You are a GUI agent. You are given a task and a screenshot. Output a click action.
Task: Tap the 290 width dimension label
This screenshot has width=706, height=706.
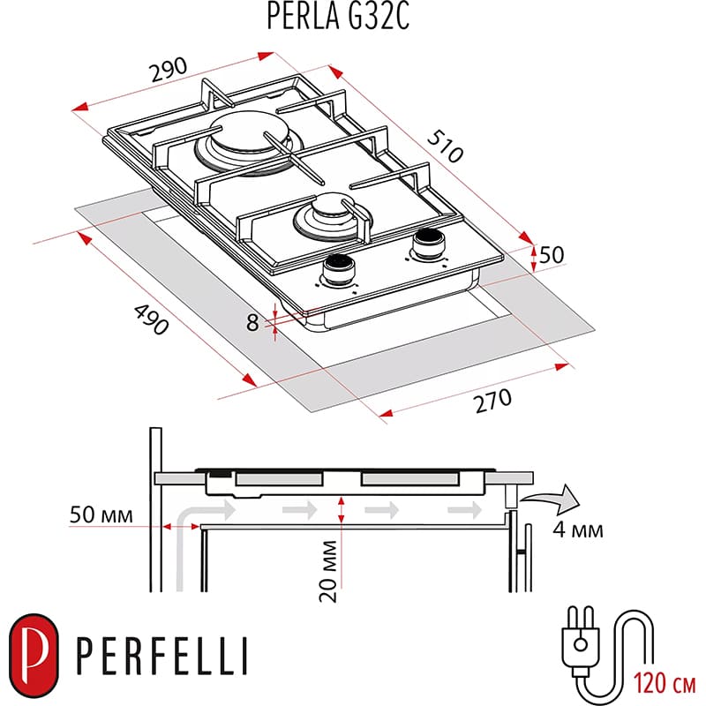169,68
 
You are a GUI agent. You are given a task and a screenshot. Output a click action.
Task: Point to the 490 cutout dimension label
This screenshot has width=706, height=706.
150,320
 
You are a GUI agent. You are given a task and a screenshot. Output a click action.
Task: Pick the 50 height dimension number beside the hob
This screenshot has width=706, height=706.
551,254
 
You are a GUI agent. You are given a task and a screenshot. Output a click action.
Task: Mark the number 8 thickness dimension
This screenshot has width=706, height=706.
254,323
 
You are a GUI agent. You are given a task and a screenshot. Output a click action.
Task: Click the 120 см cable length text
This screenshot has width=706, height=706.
662,681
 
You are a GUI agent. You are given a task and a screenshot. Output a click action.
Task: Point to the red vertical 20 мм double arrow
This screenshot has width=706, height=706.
341,509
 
